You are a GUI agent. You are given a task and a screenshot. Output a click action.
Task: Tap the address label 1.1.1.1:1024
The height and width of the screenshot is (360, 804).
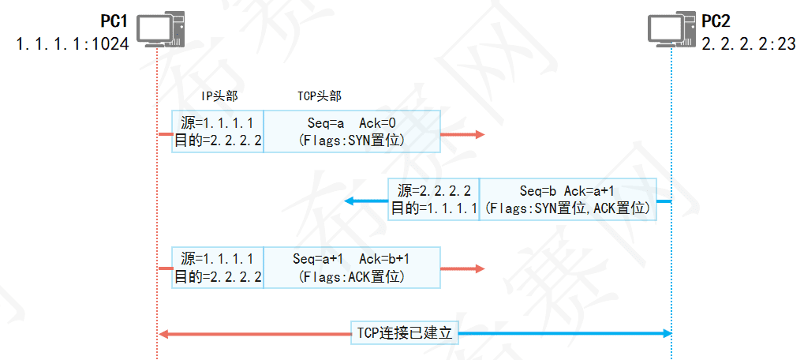click(x=73, y=43)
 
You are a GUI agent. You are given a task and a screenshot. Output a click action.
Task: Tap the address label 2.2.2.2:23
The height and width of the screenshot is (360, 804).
click(x=749, y=44)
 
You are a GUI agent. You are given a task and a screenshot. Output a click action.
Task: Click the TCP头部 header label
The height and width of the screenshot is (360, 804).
click(x=319, y=96)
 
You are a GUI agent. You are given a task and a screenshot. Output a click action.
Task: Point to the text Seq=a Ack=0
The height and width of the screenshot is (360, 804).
click(x=351, y=123)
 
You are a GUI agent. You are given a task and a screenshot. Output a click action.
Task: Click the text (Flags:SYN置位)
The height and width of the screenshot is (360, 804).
click(x=351, y=141)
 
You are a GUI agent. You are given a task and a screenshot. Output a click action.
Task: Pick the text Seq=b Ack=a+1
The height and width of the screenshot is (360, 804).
click(x=567, y=191)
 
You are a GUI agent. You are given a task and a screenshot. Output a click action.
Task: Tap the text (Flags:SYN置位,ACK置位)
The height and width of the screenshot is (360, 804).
click(x=567, y=208)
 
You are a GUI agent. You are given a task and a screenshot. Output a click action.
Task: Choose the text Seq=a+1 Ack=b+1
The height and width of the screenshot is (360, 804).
click(x=351, y=259)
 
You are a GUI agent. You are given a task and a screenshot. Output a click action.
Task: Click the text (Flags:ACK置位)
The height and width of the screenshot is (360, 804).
click(x=351, y=276)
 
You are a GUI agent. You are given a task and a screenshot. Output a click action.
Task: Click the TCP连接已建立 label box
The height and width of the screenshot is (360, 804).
click(x=405, y=333)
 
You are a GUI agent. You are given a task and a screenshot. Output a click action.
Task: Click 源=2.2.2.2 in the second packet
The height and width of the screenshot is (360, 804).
click(x=434, y=191)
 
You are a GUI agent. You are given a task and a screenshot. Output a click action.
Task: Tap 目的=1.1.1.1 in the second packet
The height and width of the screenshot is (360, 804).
click(x=434, y=208)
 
